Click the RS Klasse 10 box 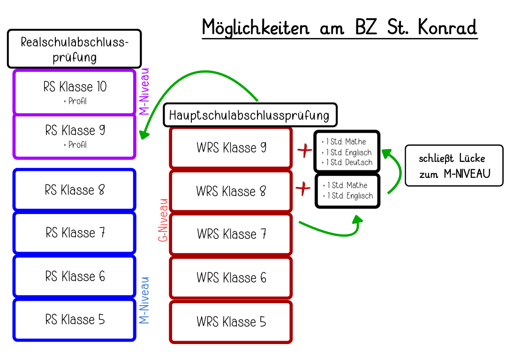point(75,92)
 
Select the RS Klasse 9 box point(75,136)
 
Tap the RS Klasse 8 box point(75,190)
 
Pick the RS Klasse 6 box point(75,276)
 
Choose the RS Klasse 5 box point(75,320)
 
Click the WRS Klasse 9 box point(231,148)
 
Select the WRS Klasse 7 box point(231,234)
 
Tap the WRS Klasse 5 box point(231,322)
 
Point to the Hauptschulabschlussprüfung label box point(250,115)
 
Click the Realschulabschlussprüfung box point(74,49)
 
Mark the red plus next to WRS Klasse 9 point(305,151)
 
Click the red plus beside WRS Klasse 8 point(304,189)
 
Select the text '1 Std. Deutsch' point(348,162)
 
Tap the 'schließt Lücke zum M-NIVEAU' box point(453,166)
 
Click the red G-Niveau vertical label point(163,220)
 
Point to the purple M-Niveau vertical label point(144,92)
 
